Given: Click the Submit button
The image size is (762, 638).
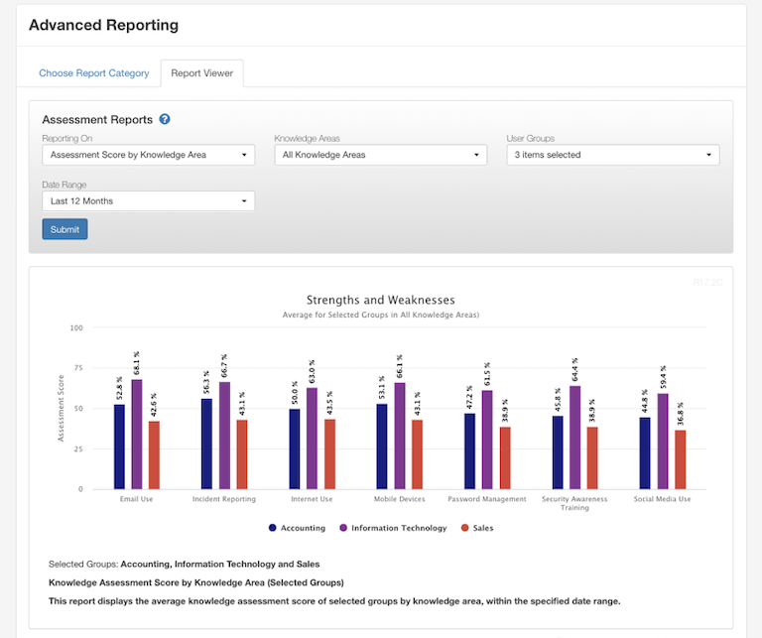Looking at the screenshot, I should [64, 229].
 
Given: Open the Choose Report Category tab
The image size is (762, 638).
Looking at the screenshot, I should [94, 73].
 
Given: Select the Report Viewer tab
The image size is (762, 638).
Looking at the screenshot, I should [201, 73].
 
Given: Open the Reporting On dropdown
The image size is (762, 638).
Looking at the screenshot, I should [148, 155].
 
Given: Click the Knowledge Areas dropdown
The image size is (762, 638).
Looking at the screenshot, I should [380, 155].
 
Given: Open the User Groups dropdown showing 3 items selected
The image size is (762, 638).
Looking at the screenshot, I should [612, 155].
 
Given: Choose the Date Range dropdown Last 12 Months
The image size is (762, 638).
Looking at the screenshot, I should [148, 201].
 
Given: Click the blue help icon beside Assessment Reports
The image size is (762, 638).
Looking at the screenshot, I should [165, 119].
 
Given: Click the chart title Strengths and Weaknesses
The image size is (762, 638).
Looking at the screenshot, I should [380, 300].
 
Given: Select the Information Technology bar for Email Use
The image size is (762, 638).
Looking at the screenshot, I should [137, 435].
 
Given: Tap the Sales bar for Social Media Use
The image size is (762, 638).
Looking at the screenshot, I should [680, 459].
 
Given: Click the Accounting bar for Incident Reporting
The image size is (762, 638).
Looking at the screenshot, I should [206, 444].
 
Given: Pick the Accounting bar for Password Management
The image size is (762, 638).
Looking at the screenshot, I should [469, 451].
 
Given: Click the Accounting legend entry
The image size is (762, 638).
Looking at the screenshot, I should [297, 528].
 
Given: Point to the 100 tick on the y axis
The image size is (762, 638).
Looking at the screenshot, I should [76, 327].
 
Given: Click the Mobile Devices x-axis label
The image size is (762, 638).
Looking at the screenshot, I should [399, 499].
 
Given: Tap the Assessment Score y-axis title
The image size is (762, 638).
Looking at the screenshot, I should [61, 409].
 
